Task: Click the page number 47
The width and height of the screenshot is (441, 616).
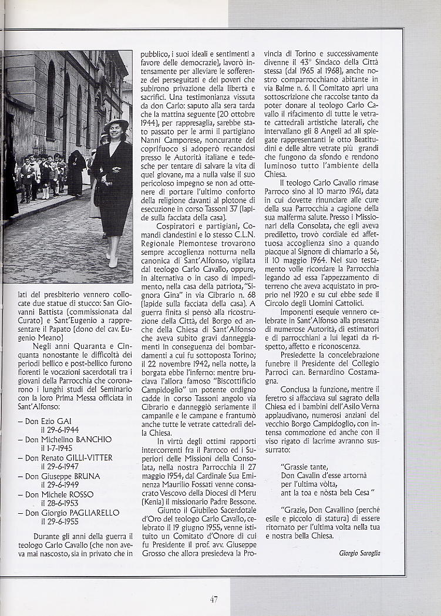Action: pyautogui.click(x=214, y=599)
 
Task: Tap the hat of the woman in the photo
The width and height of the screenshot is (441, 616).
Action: pyautogui.click(x=115, y=124)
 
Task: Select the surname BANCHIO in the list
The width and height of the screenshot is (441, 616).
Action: pyautogui.click(x=92, y=439)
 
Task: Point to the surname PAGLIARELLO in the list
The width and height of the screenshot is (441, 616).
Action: pyautogui.click(x=90, y=513)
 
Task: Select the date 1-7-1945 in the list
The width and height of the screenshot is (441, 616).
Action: pyautogui.click(x=59, y=448)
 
